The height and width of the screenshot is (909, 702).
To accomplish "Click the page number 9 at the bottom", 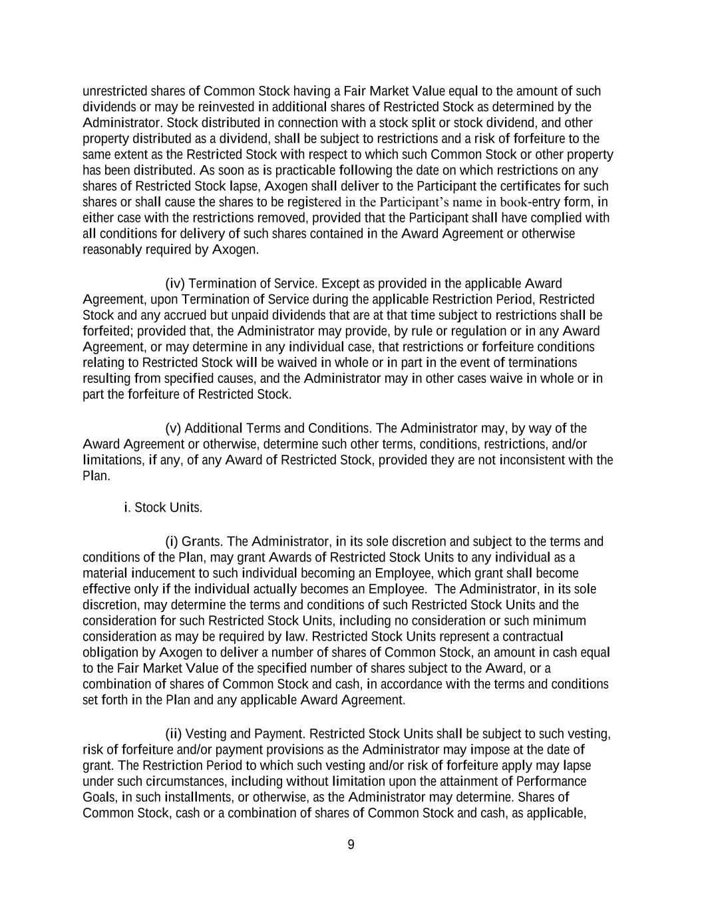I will click(x=351, y=845).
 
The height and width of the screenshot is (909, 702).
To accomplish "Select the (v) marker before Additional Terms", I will click(x=173, y=428).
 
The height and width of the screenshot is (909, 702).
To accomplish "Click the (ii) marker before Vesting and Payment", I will click(x=173, y=734).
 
